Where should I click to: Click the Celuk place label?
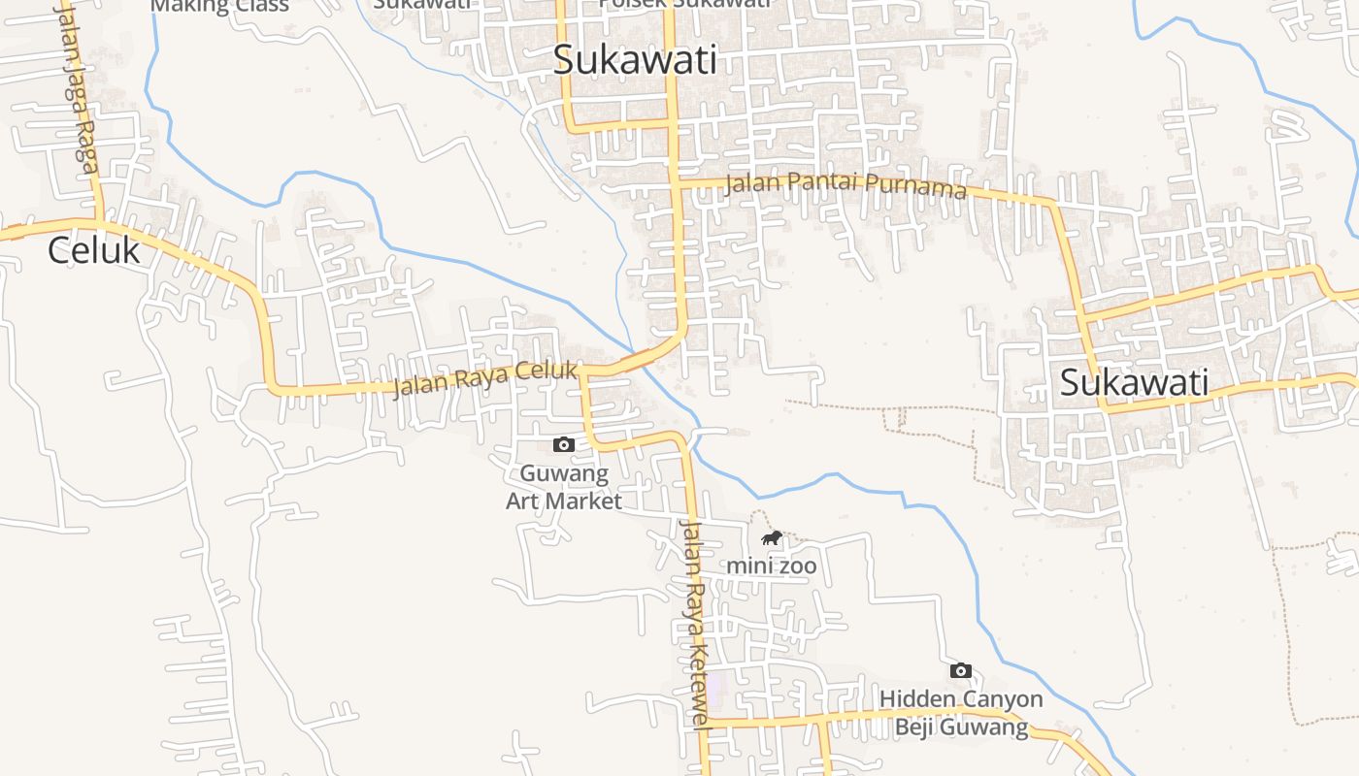point(93,251)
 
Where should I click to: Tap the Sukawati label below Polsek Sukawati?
point(635,60)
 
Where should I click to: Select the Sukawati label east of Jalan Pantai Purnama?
point(1134,382)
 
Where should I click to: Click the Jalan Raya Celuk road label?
point(485,379)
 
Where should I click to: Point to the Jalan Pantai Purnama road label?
point(845,183)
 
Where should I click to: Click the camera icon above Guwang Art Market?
point(563,444)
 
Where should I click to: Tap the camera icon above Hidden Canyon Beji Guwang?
point(961,670)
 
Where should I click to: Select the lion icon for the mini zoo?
point(772,537)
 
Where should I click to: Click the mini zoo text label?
point(772,566)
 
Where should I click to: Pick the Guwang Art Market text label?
point(564,488)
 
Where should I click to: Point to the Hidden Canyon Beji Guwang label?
point(961,713)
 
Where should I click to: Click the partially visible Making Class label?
point(220,6)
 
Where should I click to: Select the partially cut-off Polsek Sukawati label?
point(684,4)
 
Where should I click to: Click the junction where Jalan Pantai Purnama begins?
point(677,180)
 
